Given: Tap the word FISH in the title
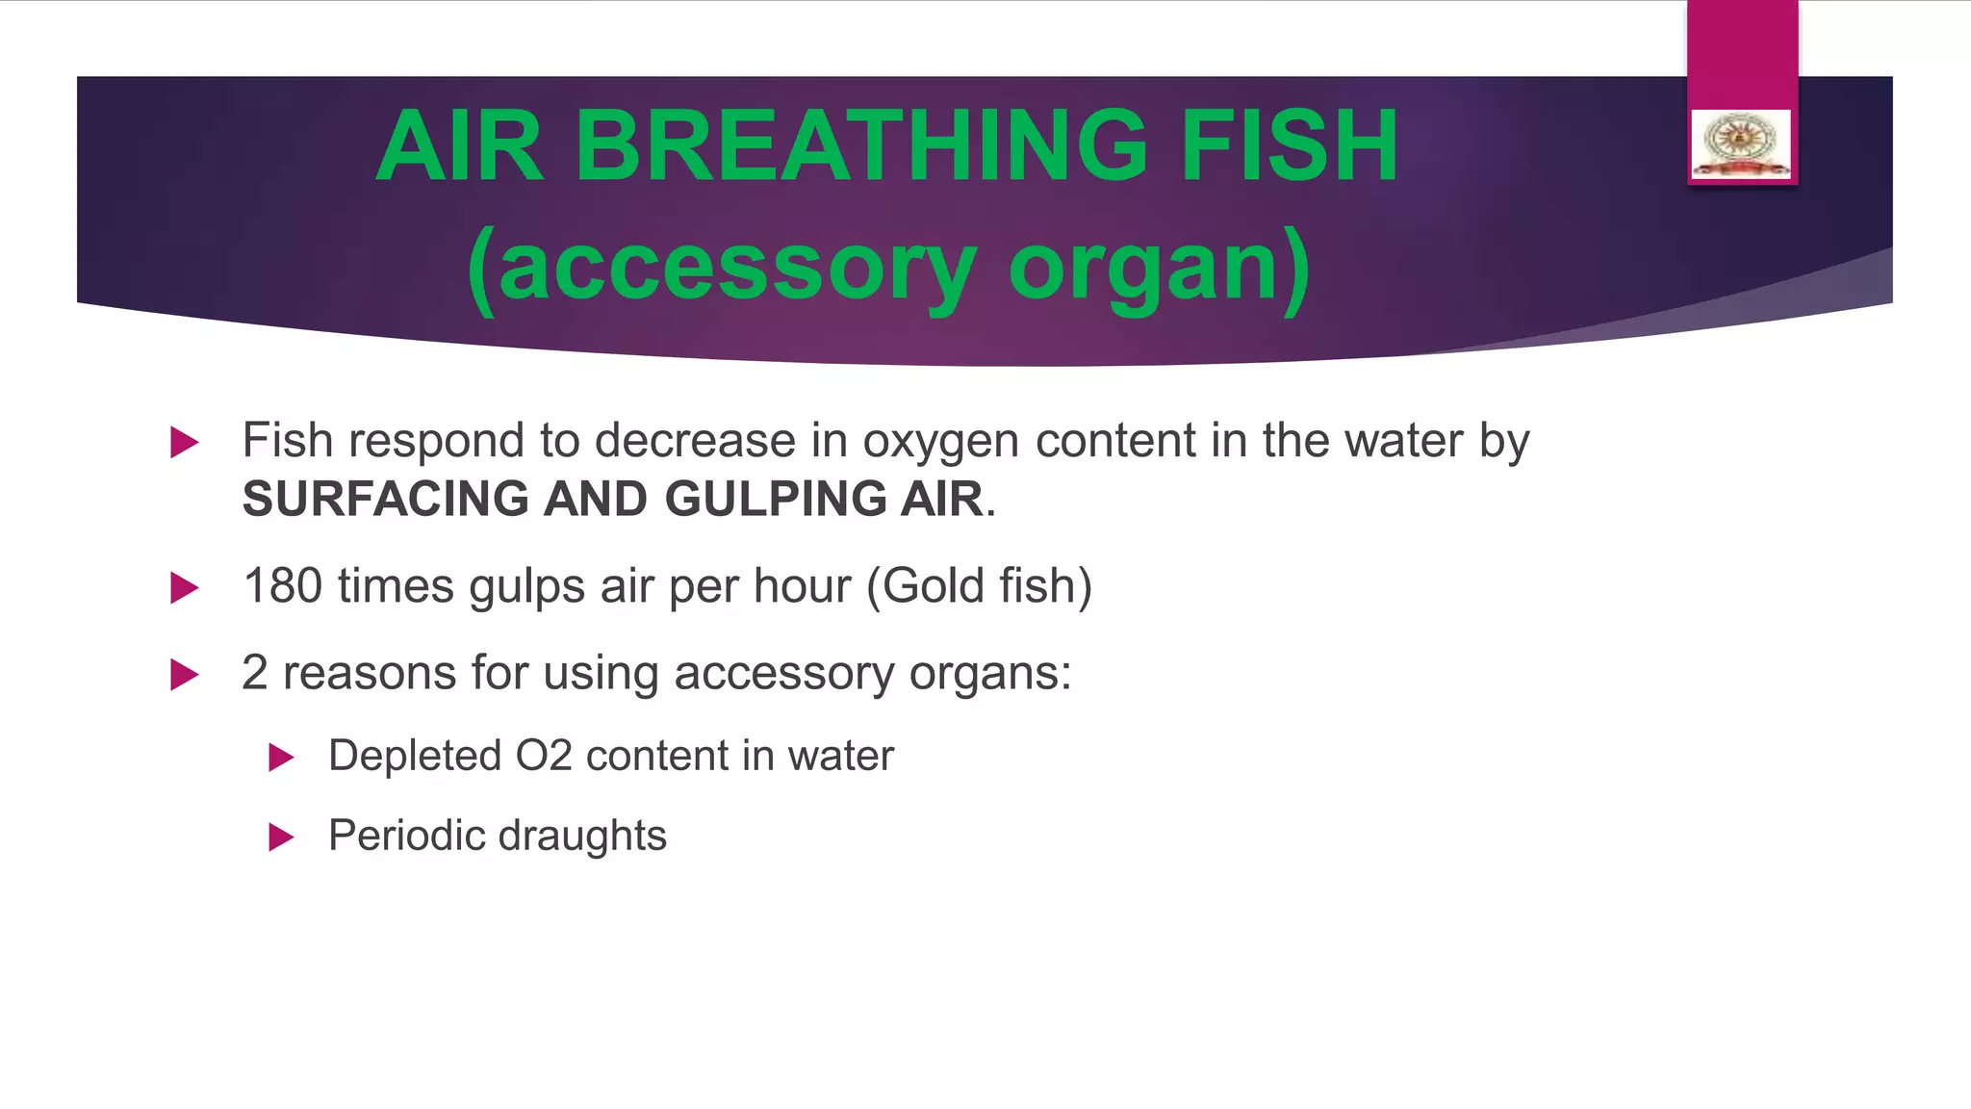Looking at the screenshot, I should coord(1290,146).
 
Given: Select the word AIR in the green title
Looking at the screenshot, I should coord(460,146).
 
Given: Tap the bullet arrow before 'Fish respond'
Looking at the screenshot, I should coord(184,443).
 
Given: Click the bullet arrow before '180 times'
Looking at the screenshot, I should coord(184,587).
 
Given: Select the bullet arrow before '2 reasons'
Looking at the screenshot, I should coord(184,674).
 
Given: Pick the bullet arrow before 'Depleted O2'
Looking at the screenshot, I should coord(281,758).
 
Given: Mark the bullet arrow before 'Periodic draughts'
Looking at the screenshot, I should coord(281,837).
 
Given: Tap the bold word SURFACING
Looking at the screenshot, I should coord(385,499).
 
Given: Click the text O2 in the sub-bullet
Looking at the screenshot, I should coord(544,756).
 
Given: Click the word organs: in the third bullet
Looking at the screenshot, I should coord(989,674).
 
